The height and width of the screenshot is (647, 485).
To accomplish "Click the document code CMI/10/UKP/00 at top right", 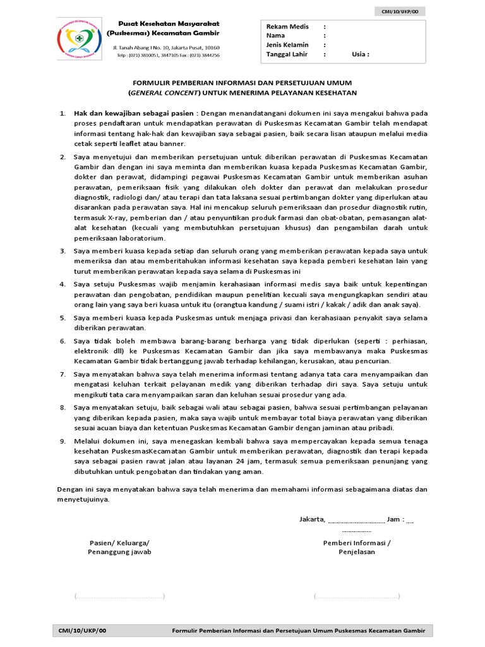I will [410, 11].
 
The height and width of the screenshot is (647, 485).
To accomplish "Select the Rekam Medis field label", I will [287, 27].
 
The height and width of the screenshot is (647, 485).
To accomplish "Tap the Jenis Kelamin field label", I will [287, 45].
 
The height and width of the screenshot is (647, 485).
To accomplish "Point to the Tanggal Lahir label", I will [287, 54].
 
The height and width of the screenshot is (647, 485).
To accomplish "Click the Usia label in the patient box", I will [361, 54].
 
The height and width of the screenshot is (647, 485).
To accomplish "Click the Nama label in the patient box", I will [276, 36].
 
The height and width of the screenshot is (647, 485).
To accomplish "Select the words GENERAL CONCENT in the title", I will [165, 92].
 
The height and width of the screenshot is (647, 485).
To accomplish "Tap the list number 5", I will [63, 318].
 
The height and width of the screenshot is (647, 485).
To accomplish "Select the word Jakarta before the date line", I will [312, 520].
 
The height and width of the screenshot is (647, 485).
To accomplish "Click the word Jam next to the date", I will [393, 520].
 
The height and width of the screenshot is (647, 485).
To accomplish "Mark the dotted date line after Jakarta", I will [356, 522].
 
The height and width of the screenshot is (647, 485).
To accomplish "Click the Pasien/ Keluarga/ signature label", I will [119, 542].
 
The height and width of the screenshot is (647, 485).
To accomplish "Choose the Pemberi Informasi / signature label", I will [357, 542].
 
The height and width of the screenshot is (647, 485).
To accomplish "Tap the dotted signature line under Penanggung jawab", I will [119, 596].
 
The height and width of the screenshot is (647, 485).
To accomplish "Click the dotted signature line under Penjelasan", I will [357, 596].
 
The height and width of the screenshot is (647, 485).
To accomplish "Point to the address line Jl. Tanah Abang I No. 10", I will [166, 47].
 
